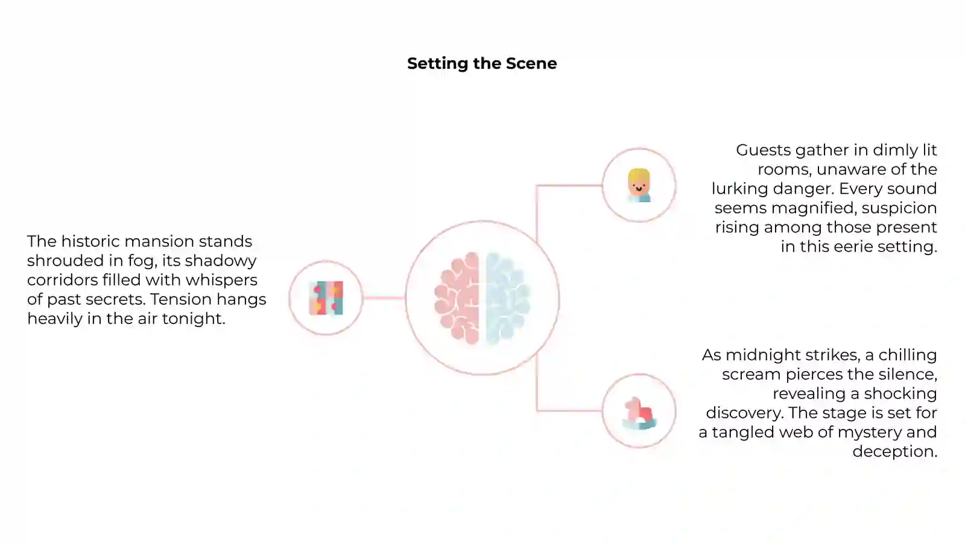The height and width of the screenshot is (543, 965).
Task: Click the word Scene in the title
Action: [531, 63]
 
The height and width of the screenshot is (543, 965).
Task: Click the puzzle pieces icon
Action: [326, 298]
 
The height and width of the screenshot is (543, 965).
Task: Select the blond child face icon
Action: [639, 185]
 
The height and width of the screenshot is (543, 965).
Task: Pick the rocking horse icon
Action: [639, 413]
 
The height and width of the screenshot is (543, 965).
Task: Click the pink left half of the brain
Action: [457, 298]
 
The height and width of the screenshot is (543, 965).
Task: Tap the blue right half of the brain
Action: [508, 298]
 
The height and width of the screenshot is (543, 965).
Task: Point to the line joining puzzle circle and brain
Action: [384, 298]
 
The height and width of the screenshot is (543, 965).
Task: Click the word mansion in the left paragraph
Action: [159, 241]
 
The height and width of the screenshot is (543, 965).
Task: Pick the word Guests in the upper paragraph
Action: [763, 150]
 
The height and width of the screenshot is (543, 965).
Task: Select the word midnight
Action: [763, 355]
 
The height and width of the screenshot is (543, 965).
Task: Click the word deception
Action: [895, 452]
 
